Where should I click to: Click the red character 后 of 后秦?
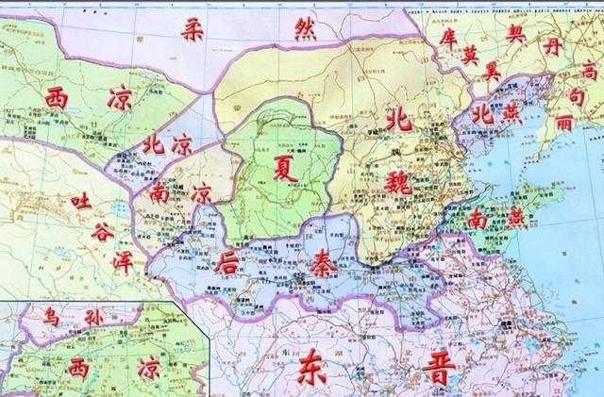point(228,259)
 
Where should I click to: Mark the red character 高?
point(587,68)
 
